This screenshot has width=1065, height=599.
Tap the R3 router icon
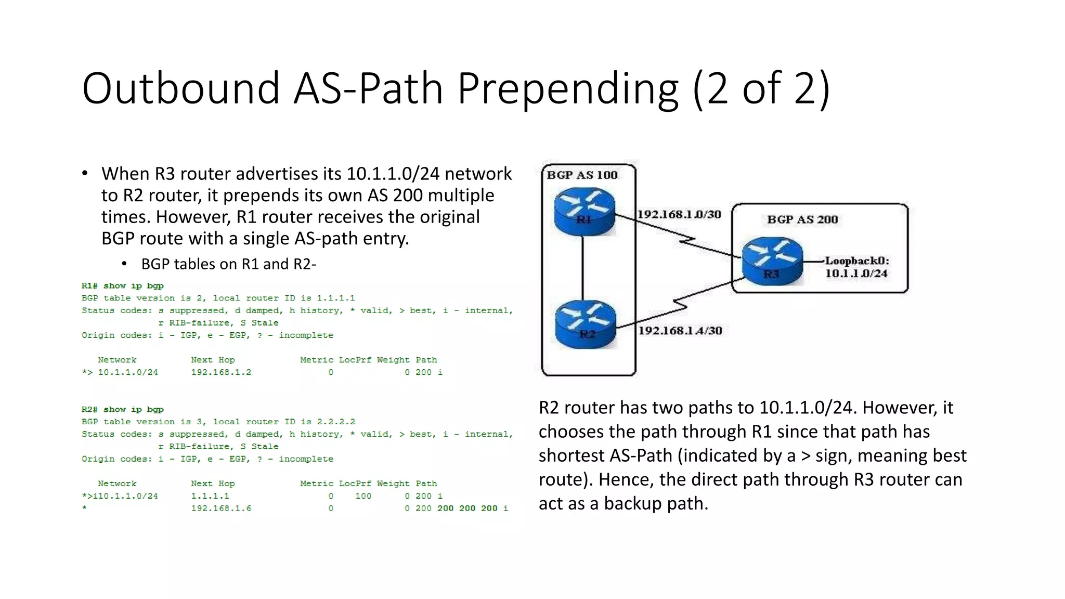[772, 262]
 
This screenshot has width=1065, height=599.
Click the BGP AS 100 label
[582, 175]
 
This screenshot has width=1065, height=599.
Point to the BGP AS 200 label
[802, 219]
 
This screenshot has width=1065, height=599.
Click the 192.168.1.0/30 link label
[679, 214]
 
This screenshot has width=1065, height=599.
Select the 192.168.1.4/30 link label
[680, 331]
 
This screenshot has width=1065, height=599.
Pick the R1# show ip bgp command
[123, 286]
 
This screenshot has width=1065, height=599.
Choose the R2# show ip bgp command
[123, 410]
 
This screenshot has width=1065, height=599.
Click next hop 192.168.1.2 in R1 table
[221, 372]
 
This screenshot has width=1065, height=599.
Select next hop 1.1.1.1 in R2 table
[210, 496]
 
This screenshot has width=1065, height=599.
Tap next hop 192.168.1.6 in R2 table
[221, 509]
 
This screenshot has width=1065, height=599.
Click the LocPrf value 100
[363, 496]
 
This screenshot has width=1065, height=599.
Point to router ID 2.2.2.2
[336, 422]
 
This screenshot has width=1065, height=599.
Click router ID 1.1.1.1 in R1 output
[336, 298]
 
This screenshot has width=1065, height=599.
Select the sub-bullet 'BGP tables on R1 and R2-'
[229, 264]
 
